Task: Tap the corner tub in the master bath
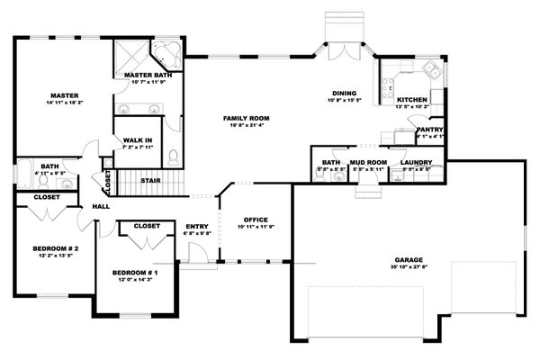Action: [167, 51]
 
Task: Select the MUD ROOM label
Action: [369, 163]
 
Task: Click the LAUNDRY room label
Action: [417, 163]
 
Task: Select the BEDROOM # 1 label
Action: [135, 272]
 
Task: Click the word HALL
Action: [100, 209]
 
